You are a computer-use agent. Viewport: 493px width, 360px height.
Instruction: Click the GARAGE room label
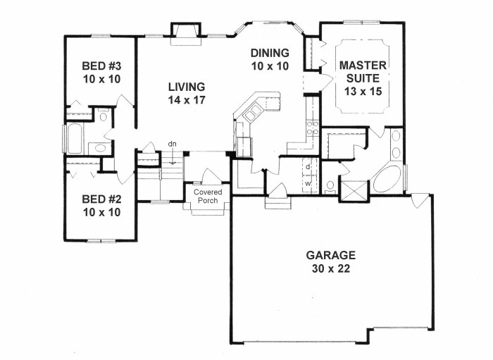(x=331, y=254)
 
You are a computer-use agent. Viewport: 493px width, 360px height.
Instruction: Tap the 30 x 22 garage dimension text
(x=331, y=268)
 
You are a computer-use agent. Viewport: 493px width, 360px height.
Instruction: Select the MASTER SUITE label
(x=363, y=71)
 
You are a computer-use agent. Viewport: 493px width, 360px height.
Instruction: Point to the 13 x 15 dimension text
(x=363, y=91)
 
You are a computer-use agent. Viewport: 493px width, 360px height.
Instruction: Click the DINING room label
(x=270, y=53)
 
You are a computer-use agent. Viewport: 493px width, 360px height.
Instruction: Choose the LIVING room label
(x=187, y=87)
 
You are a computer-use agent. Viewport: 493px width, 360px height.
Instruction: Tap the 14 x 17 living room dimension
(x=187, y=100)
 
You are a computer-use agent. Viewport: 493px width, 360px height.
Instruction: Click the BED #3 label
(x=101, y=66)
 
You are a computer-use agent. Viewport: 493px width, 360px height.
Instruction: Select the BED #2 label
(x=101, y=199)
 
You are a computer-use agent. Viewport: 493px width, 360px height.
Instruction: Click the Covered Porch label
(x=208, y=196)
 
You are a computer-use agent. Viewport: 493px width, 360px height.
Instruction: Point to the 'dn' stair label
(x=172, y=144)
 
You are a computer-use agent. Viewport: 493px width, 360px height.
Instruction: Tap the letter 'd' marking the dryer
(x=308, y=167)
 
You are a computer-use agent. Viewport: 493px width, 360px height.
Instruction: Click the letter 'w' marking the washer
(x=308, y=184)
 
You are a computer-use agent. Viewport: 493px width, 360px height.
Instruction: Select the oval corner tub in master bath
(x=387, y=179)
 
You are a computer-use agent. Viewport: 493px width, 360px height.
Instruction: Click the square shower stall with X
(x=354, y=190)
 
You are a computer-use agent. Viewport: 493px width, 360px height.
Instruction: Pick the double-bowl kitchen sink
(x=253, y=113)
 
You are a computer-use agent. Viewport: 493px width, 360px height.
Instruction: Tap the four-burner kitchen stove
(x=312, y=128)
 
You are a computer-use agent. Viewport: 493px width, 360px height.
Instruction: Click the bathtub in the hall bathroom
(x=75, y=139)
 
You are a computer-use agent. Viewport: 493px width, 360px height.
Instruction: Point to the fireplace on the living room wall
(x=185, y=34)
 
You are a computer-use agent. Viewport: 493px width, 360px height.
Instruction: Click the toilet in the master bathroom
(x=330, y=187)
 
